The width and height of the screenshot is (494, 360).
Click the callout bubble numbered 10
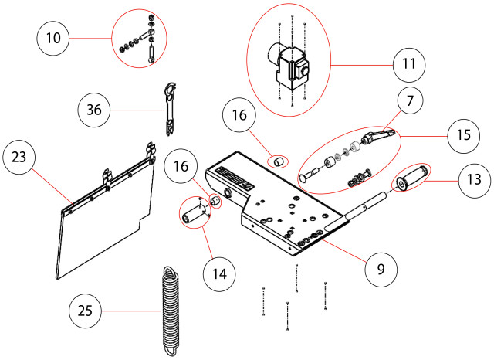click(53, 39)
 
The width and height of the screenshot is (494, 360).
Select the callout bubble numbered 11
click(409, 64)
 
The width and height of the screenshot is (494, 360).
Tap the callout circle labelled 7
click(410, 101)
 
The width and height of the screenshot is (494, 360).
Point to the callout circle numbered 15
click(463, 135)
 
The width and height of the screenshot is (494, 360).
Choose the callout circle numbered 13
click(474, 180)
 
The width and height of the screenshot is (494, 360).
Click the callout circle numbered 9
click(381, 270)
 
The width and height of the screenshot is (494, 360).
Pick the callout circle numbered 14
click(219, 274)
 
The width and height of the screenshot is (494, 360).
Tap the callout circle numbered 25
click(85, 311)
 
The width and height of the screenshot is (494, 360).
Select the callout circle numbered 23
click(19, 158)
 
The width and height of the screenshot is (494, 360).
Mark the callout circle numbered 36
click(94, 110)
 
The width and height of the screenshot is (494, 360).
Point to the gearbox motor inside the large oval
click(288, 66)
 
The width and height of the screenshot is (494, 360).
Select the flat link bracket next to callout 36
click(170, 110)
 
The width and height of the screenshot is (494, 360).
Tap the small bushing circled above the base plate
click(278, 162)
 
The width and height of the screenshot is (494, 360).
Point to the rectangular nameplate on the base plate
click(235, 178)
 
